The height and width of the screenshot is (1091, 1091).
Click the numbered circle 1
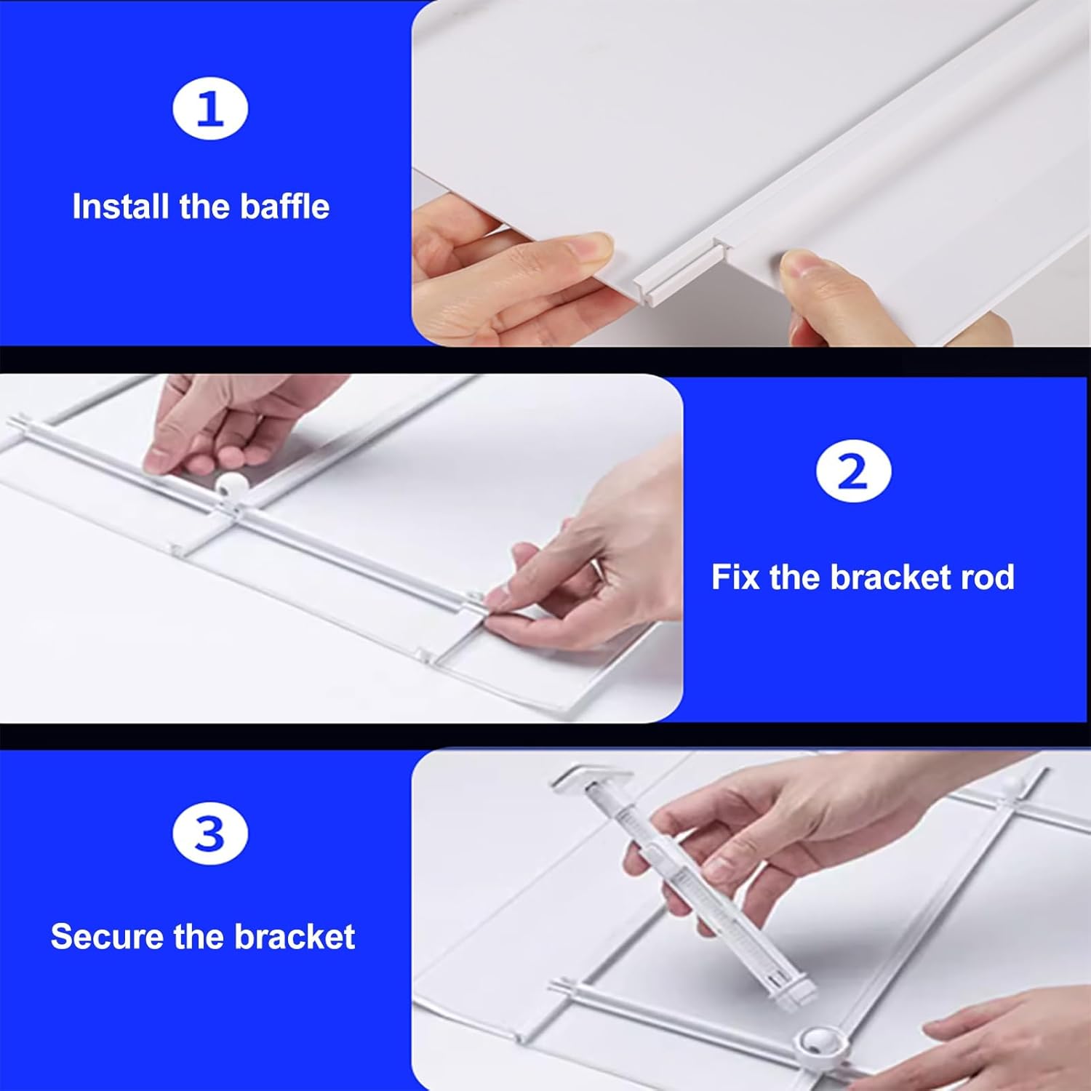[210, 109]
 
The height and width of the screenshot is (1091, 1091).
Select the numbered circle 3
[210, 833]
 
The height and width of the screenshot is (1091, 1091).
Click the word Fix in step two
[735, 578]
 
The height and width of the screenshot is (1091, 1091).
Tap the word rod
[987, 578]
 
